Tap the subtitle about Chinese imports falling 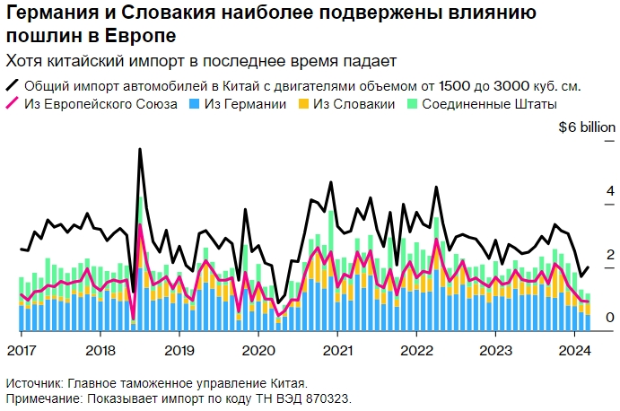point(201,60)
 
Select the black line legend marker point(13,86)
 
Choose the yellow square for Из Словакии point(304,105)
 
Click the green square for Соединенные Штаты point(413,105)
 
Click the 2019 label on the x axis point(179,350)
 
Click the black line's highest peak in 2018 point(140,149)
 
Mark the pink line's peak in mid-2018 point(140,224)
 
